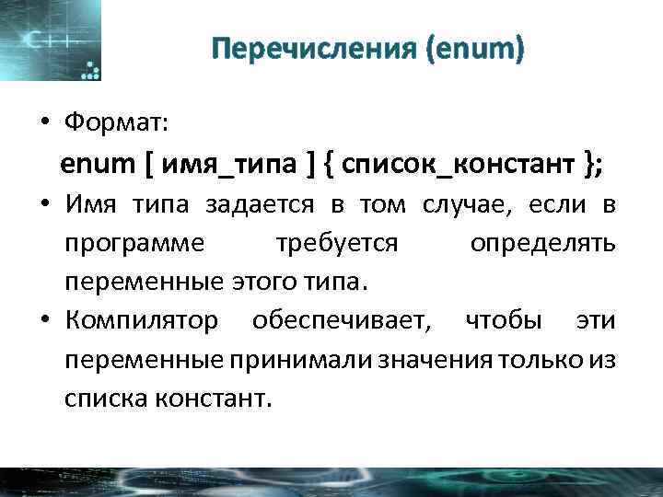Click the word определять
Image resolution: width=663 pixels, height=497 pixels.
pos(542,244)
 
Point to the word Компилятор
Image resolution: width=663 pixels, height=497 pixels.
pos(142,321)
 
